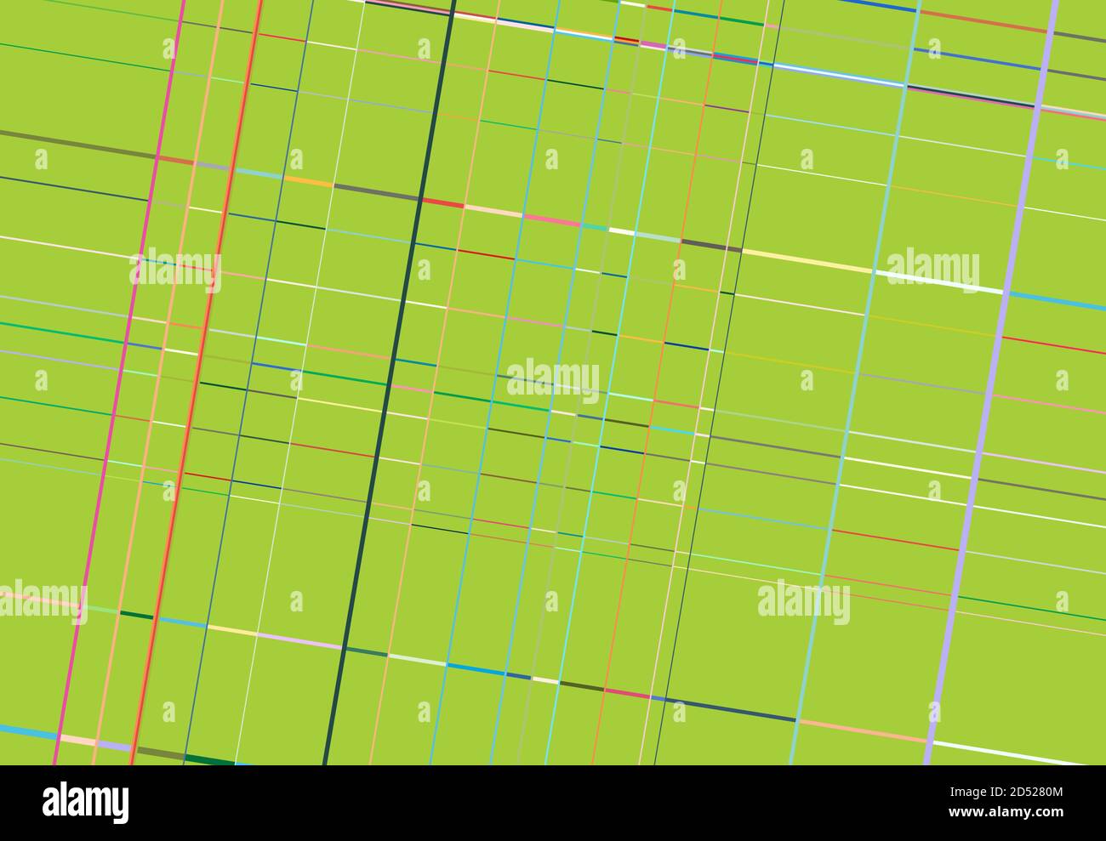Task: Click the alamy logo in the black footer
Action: (x=85, y=802)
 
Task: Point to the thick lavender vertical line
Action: (x=991, y=383)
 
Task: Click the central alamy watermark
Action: (x=553, y=380)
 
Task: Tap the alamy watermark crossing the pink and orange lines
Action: (x=175, y=271)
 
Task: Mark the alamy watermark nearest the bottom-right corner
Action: (x=803, y=601)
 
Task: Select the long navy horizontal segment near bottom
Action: (x=732, y=710)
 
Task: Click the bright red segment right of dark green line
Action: (x=443, y=203)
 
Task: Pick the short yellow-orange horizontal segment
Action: (x=308, y=181)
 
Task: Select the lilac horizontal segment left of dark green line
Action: (x=298, y=641)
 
